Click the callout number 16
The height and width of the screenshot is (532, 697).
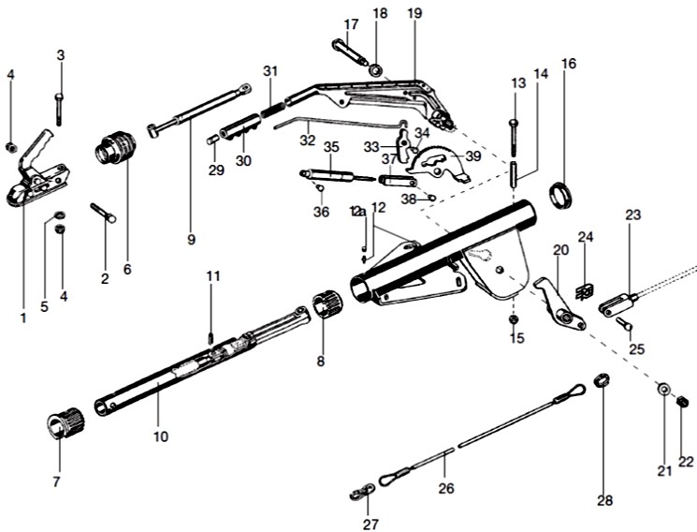pyautogui.click(x=569, y=64)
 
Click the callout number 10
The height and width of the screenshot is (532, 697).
pyautogui.click(x=161, y=436)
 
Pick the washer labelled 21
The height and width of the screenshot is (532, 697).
pyautogui.click(x=663, y=391)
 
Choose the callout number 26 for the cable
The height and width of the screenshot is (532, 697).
pyautogui.click(x=445, y=487)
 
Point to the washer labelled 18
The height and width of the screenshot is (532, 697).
pyautogui.click(x=374, y=69)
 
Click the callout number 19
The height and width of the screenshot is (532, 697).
pyautogui.click(x=415, y=13)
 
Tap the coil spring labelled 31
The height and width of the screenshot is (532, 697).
pyautogui.click(x=270, y=96)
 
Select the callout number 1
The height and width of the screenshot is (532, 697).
pyautogui.click(x=23, y=318)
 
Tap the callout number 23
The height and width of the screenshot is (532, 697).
pyautogui.click(x=633, y=214)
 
